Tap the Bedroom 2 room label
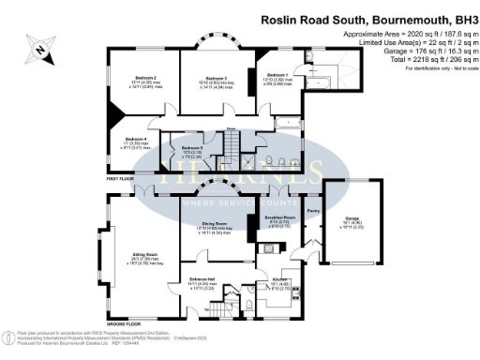[142, 78]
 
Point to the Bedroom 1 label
[277, 74]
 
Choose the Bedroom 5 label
[191, 148]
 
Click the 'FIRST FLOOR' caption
[120, 176]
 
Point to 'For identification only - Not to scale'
[436, 69]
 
